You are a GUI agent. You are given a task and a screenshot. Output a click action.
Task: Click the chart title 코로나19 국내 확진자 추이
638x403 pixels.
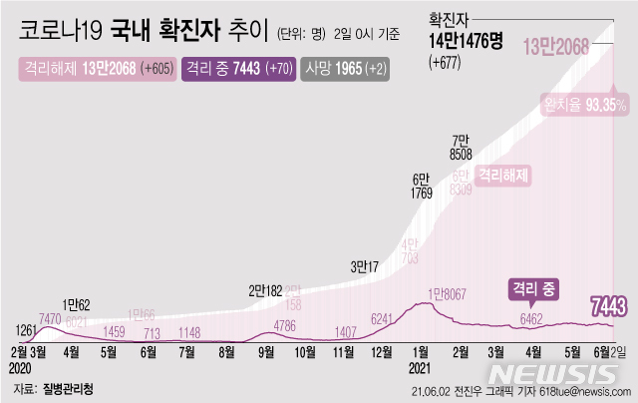pos(149,32)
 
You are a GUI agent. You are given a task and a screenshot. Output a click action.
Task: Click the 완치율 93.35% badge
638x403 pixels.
pos(584,103)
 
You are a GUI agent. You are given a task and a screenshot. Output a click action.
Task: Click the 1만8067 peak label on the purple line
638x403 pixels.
pos(451,293)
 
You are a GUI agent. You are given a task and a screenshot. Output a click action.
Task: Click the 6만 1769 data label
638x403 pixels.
pos(421,186)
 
